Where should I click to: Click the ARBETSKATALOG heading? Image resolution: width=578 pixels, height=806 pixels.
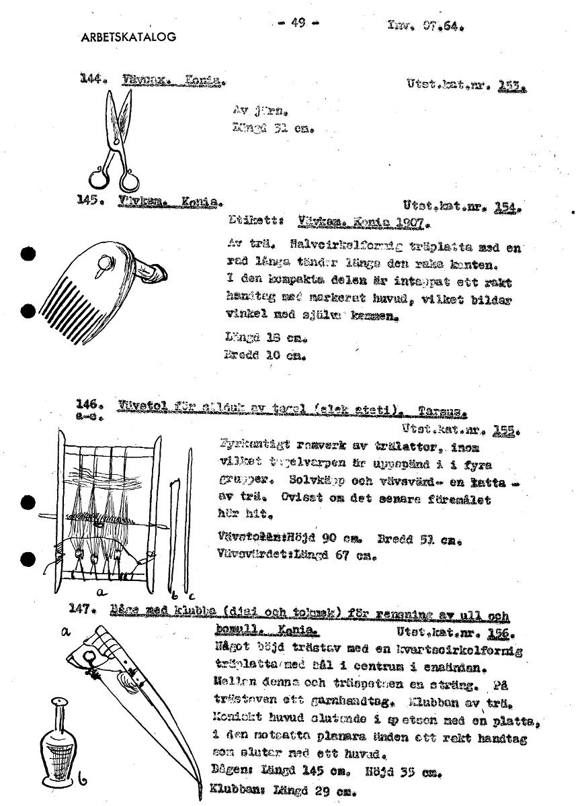(128, 38)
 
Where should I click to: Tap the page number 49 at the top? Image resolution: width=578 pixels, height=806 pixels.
(299, 23)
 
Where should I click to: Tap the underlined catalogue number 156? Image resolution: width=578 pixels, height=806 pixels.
(502, 633)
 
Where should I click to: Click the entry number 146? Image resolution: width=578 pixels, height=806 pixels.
(91, 406)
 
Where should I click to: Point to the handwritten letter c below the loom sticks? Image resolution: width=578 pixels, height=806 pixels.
(191, 594)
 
